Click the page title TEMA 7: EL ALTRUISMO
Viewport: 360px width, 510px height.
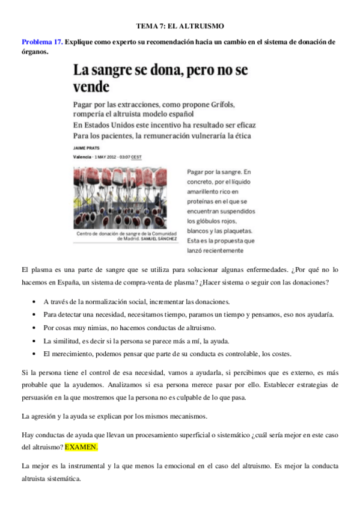click(180, 26)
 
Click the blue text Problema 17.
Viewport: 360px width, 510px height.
click(41, 42)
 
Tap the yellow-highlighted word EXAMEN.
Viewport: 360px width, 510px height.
click(81, 448)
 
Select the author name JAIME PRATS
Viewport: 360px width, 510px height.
click(87, 147)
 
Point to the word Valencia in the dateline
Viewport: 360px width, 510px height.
click(82, 156)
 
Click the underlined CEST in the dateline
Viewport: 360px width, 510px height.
click(137, 156)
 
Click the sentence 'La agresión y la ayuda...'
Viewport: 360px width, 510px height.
click(114, 416)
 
